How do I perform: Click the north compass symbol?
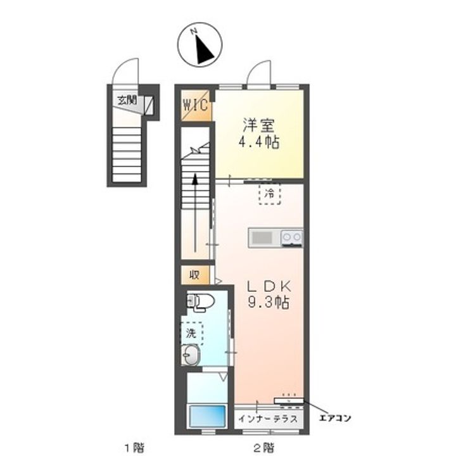[199, 45]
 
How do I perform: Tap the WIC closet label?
[196, 104]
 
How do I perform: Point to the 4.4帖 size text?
[259, 142]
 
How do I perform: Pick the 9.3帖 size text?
[269, 302]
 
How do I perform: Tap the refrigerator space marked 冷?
[270, 194]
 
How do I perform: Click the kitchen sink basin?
[262, 238]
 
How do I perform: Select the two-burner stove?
[292, 237]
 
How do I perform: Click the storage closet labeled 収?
[194, 274]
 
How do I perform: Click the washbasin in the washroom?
[191, 355]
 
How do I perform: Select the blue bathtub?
[207, 416]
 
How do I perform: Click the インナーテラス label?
[268, 419]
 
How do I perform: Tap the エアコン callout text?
[335, 419]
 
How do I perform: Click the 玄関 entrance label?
[127, 101]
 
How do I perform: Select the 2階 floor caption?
[263, 447]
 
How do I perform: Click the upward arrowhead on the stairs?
[195, 179]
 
